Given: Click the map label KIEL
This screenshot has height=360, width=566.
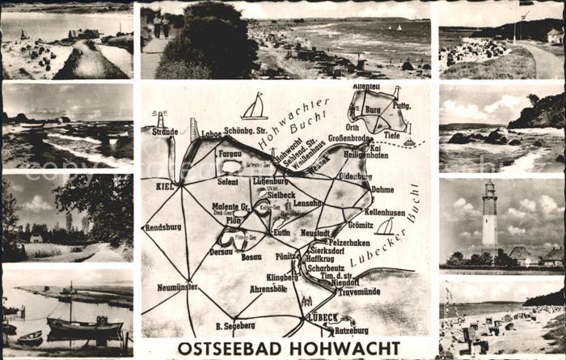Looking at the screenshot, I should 165,186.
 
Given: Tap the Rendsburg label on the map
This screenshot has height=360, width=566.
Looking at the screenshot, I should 163,227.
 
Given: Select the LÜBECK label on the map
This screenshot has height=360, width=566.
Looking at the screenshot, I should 323,318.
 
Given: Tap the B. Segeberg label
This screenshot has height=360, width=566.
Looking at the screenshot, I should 234,325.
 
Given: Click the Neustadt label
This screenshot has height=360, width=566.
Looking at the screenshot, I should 315,232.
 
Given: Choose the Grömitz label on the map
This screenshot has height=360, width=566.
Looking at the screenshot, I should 361,224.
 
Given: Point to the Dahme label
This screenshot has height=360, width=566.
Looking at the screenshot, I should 382,189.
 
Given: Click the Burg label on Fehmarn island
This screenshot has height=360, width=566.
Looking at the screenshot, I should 373,108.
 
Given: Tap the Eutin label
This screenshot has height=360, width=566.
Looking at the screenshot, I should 282,232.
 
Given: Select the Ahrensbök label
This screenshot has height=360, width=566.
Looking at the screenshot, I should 268,288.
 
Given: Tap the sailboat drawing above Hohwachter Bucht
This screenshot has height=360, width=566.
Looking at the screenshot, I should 255,107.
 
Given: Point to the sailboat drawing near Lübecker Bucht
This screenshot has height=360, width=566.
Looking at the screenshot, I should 386,227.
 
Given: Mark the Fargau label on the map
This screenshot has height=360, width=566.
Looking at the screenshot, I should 230,151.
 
